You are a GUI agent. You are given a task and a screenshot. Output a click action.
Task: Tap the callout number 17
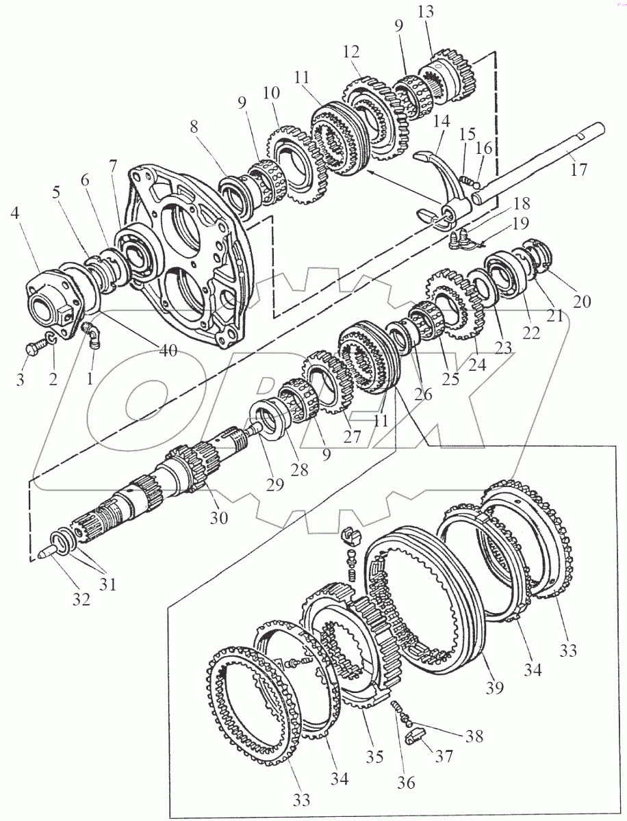(578, 169)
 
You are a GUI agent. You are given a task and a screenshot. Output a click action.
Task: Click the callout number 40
(168, 350)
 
